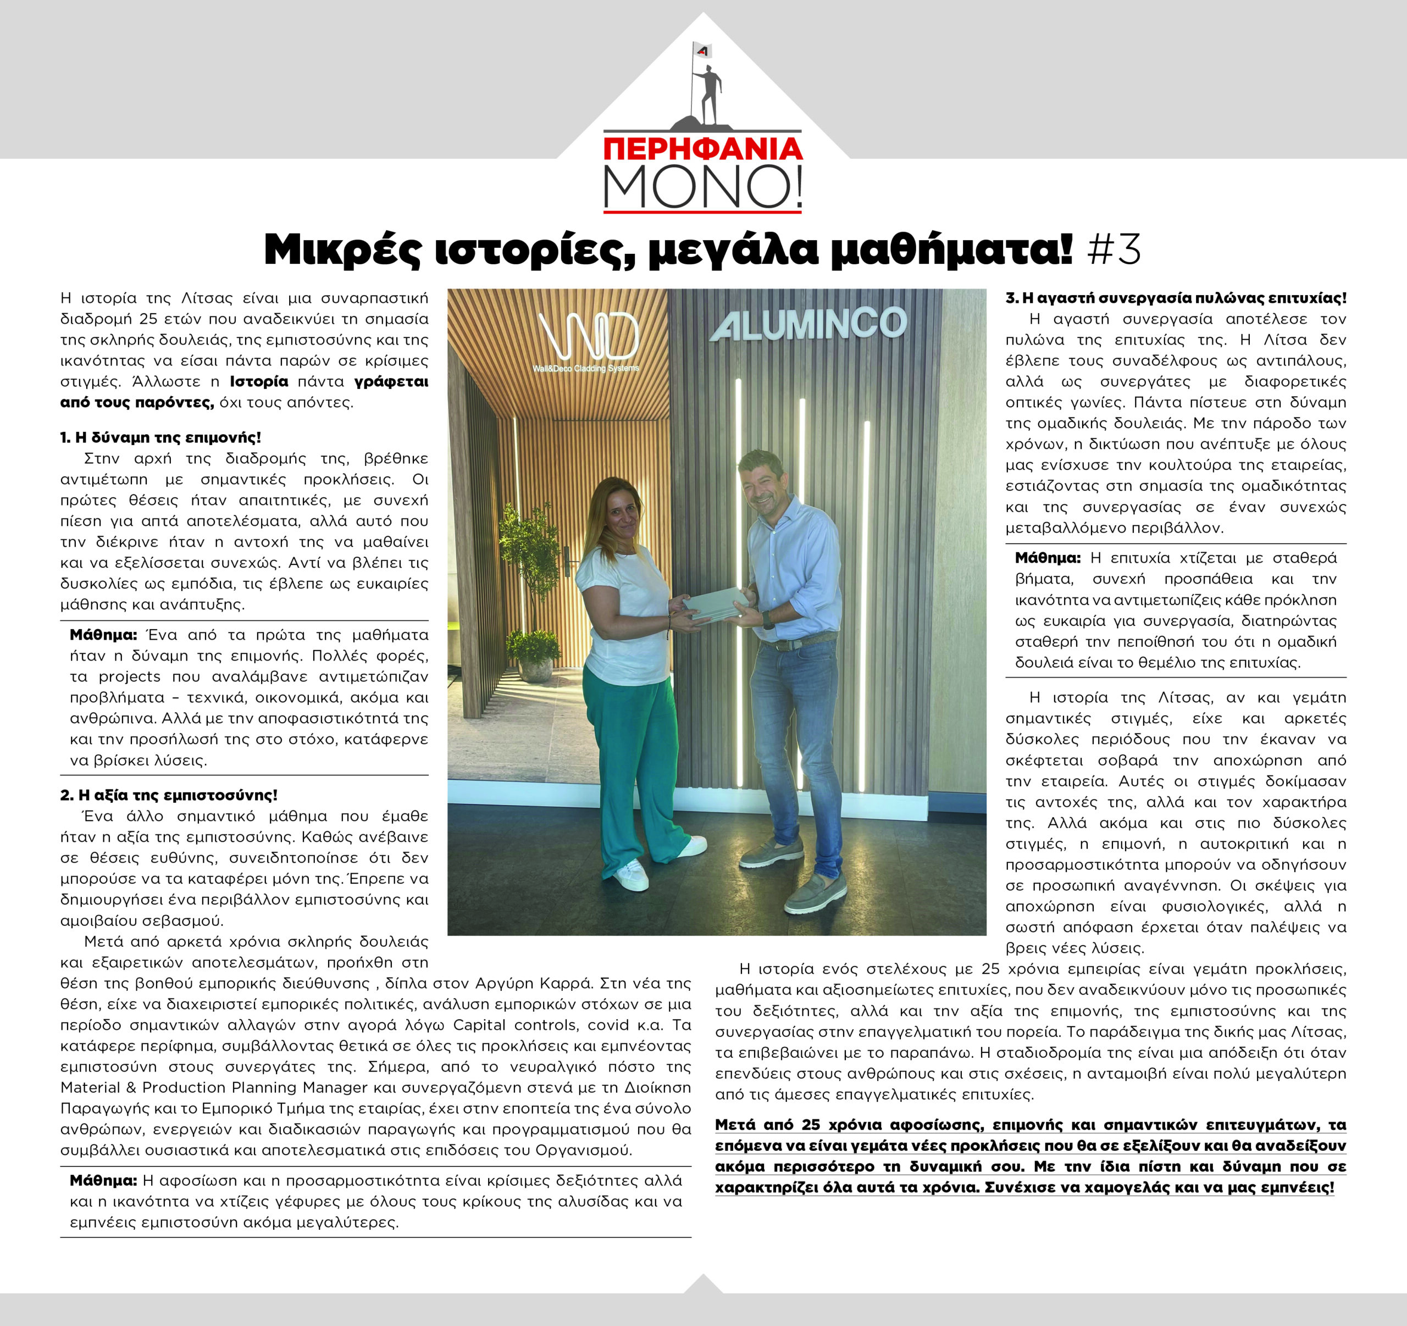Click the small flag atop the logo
click(x=702, y=50)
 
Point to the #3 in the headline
click(x=1114, y=250)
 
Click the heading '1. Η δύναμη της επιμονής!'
click(x=160, y=437)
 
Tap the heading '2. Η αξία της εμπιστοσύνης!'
click(x=168, y=795)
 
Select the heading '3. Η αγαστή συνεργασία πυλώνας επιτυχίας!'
click(x=1176, y=298)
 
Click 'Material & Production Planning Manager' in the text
click(x=214, y=1088)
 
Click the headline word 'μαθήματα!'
click(x=951, y=250)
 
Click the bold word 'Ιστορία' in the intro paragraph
click(x=259, y=382)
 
